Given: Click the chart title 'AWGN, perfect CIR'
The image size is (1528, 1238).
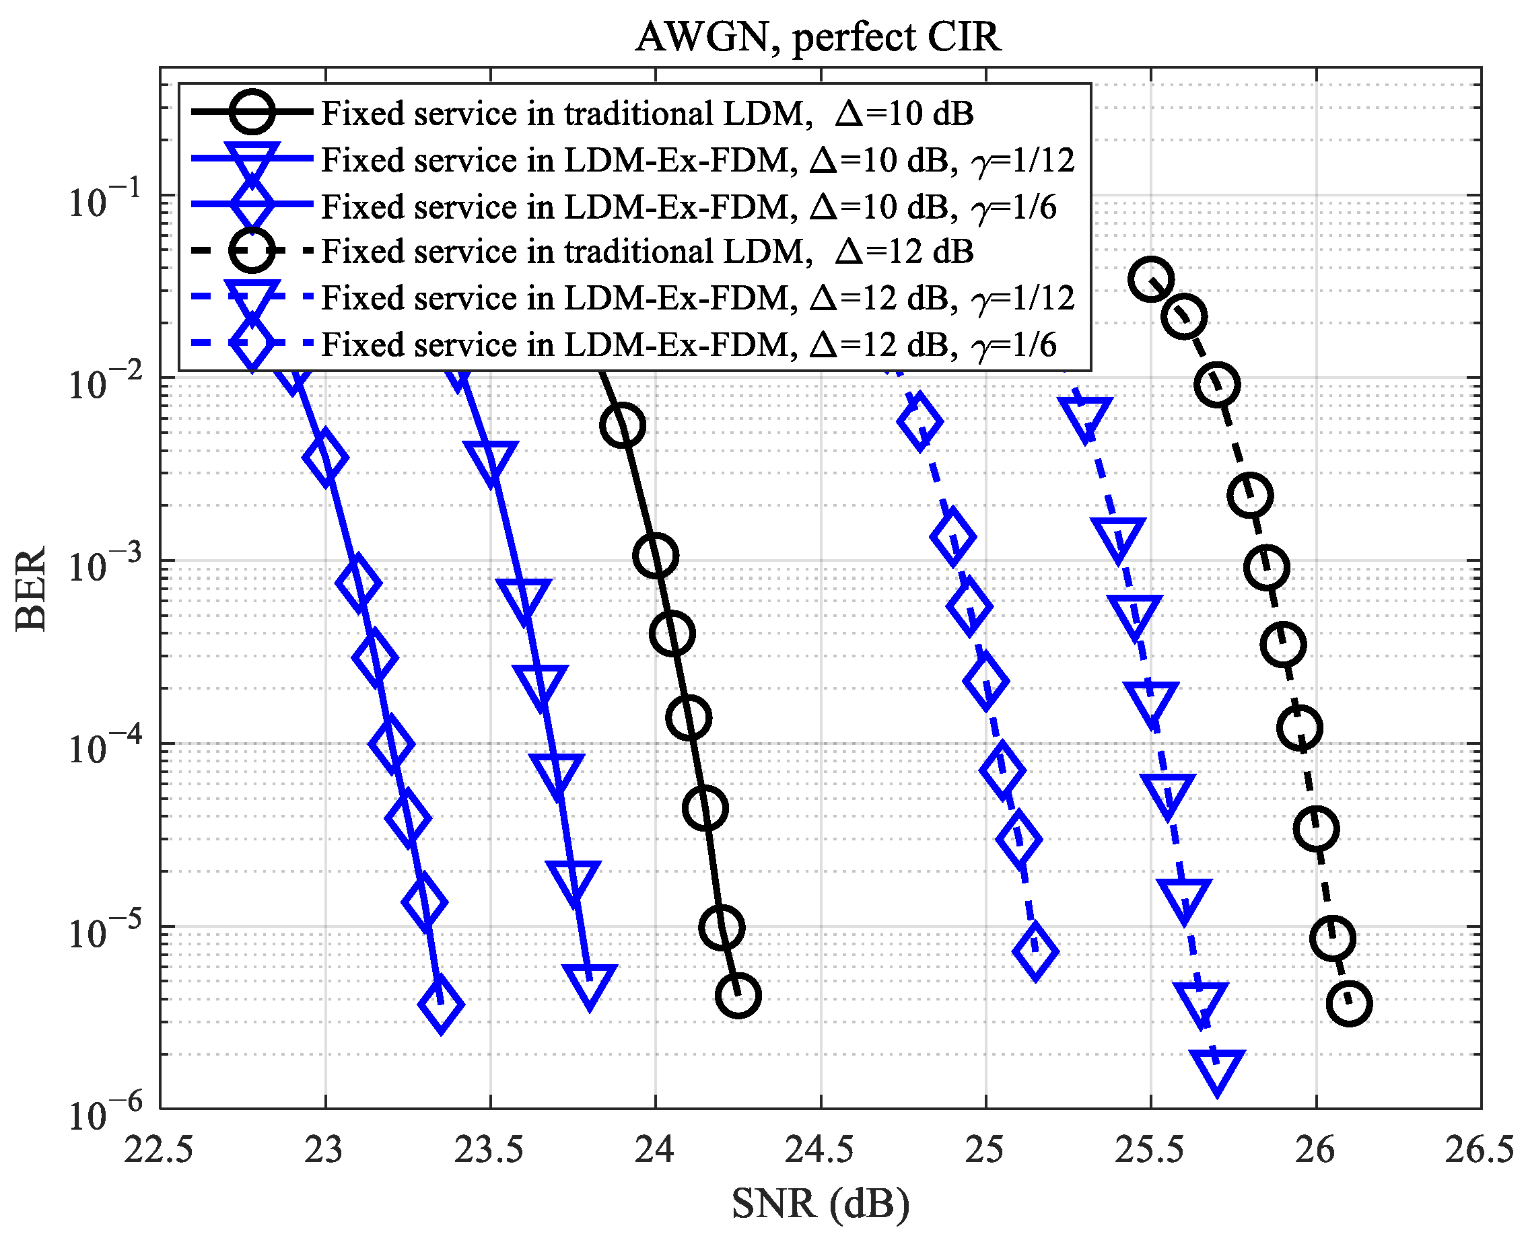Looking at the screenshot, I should point(819,37).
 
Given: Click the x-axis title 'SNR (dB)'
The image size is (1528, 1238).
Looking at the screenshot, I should point(821,1203).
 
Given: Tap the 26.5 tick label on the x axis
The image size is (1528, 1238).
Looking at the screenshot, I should point(1479,1150).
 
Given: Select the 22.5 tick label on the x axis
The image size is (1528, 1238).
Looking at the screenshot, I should point(158,1150).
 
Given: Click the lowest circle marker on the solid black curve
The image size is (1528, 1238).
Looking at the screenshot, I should point(738,996).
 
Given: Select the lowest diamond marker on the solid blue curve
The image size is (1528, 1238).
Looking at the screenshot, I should point(441,1004).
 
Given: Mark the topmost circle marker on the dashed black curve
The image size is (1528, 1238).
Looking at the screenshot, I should point(1150,279).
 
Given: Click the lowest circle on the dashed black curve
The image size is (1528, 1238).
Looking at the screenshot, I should point(1348,1003).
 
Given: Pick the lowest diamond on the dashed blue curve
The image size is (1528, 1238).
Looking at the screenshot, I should point(1035,951).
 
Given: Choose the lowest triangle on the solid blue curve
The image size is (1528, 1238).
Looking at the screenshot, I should point(589,984).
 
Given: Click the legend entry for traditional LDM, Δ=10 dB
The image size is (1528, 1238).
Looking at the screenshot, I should point(646,114).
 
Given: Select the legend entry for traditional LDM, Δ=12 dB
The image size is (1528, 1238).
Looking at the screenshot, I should point(646,252).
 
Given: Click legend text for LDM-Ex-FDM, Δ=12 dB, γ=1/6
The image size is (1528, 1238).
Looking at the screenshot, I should point(689,344).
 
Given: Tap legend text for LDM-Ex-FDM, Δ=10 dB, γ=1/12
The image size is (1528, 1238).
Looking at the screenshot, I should point(697,159).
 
